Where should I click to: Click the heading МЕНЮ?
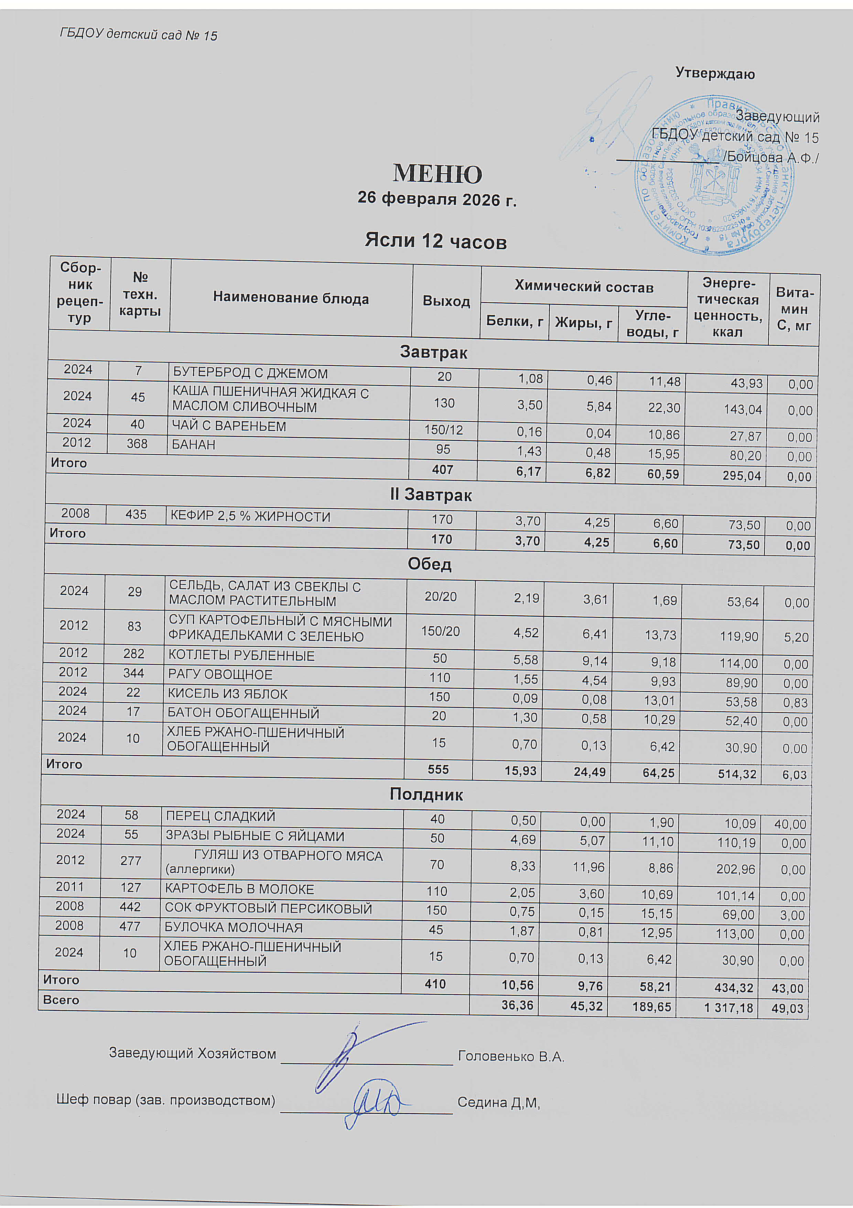(437, 174)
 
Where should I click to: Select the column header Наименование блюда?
(291, 298)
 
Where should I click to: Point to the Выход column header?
(446, 301)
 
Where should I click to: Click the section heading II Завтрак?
(431, 495)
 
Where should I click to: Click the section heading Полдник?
(426, 795)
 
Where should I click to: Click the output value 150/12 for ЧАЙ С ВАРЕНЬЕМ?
(444, 430)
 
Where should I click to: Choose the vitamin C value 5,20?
(796, 637)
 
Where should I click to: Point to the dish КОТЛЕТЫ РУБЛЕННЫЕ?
(241, 656)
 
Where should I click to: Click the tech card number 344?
(134, 673)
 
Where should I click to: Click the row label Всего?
(61, 1000)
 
